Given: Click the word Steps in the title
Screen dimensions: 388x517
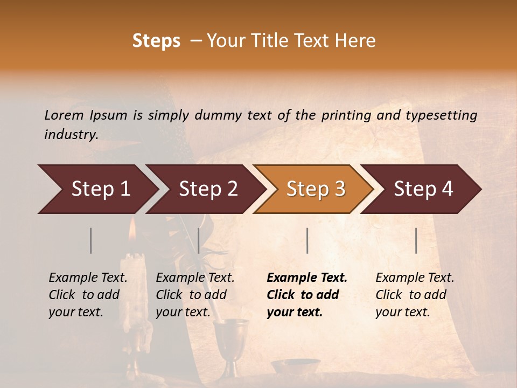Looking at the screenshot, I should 156,41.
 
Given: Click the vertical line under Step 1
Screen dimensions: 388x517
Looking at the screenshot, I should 91,240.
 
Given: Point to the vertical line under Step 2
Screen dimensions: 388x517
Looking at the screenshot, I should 199,240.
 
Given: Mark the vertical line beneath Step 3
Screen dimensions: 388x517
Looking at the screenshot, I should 307,240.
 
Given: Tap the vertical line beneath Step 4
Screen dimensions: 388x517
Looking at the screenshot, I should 416,240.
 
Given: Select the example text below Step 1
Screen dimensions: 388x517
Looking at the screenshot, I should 88,294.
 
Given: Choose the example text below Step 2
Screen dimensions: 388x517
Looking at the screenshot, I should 195,294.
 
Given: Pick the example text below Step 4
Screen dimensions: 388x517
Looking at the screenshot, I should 415,294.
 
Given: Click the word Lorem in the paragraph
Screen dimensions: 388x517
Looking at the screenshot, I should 64,115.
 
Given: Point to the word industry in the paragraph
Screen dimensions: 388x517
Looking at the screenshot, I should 71,134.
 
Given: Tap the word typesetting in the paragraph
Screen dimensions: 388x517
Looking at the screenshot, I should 441,115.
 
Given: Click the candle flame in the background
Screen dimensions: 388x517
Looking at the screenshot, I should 132,231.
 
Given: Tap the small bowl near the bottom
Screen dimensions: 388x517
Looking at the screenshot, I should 295,366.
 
